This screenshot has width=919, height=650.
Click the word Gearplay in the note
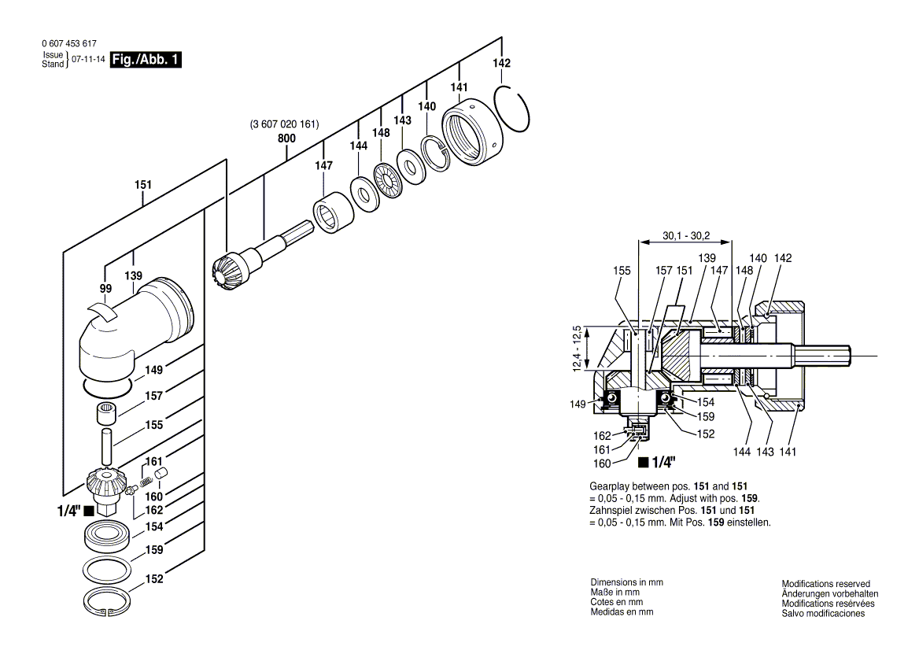tap(607, 487)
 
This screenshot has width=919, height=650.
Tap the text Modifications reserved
tap(825, 584)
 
